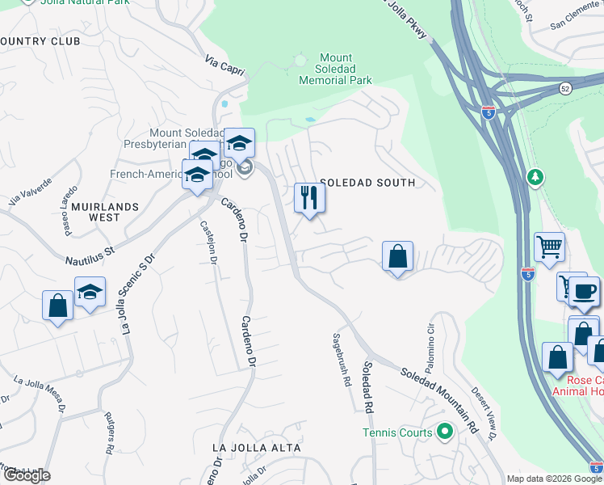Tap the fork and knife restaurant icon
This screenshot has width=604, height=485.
click(x=309, y=198)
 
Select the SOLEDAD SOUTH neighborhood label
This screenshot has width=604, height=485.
click(x=367, y=183)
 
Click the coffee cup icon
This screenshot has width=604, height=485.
click(x=584, y=292)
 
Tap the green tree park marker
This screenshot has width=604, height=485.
click(x=535, y=176)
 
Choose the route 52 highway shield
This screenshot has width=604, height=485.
click(x=566, y=88)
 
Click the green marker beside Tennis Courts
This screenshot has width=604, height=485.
click(x=443, y=432)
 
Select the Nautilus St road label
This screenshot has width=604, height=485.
click(x=90, y=254)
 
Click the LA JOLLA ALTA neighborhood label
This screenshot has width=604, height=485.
click(x=256, y=447)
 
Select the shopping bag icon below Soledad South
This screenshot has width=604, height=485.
click(x=396, y=258)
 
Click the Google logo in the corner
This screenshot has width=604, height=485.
click(x=26, y=476)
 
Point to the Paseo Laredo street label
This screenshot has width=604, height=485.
click(x=65, y=213)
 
